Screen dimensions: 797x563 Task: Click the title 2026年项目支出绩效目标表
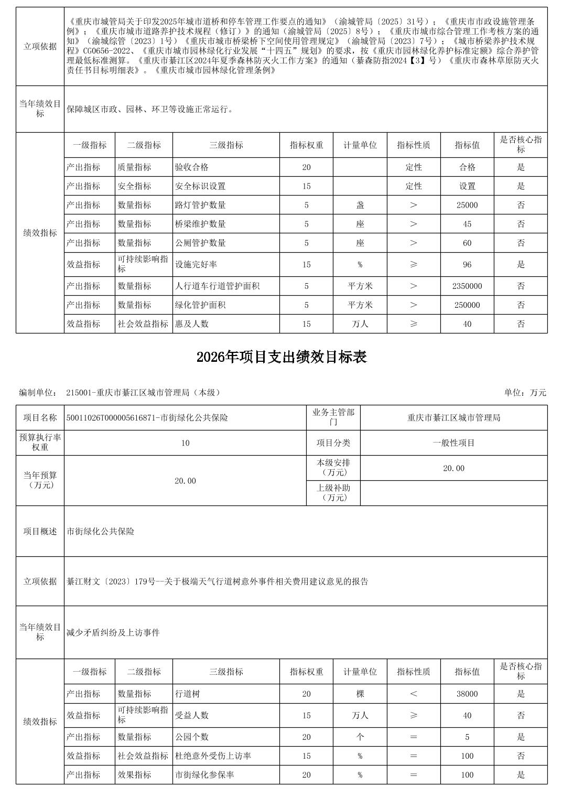coord(281,357)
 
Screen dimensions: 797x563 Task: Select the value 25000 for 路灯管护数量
coord(467,205)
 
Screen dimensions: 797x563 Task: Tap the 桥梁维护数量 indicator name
coord(200,224)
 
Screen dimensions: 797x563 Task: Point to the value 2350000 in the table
coord(467,286)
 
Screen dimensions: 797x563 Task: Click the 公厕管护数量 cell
coord(200,243)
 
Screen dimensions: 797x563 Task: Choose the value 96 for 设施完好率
coord(467,265)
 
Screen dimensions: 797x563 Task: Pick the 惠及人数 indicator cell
coord(192,324)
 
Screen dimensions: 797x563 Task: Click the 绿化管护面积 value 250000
coord(467,305)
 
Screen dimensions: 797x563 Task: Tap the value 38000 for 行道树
coord(467,694)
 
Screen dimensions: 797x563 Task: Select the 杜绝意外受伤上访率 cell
coord(213,756)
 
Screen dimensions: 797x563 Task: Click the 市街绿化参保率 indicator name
coord(204,774)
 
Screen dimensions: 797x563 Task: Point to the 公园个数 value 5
coord(467,737)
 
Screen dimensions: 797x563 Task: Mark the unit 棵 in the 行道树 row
coord(360,694)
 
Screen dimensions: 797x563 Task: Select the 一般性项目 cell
coord(453,443)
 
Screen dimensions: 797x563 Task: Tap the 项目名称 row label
coord(40,418)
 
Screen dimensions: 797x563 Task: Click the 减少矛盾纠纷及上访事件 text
coord(113,633)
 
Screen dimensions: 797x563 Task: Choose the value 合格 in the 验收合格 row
coord(467,167)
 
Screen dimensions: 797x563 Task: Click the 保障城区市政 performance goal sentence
coord(150,110)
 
